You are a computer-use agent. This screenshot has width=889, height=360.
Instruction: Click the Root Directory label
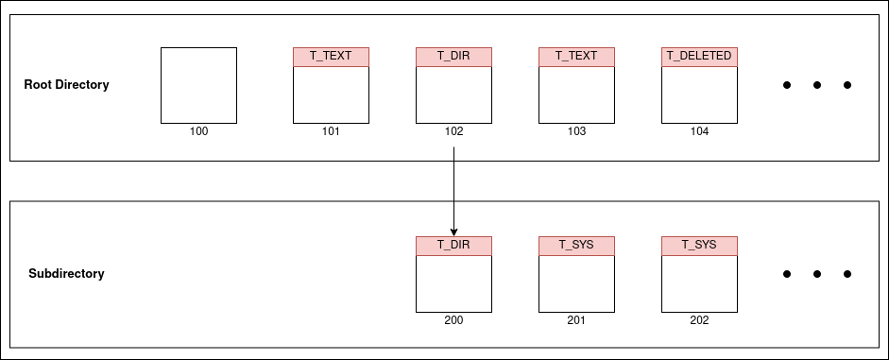point(66,85)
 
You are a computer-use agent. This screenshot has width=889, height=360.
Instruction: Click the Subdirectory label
point(66,274)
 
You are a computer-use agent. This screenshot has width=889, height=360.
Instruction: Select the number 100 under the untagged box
point(198,131)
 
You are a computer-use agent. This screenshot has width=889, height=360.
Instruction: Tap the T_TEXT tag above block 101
point(331,57)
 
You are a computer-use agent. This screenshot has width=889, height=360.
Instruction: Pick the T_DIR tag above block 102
point(453,57)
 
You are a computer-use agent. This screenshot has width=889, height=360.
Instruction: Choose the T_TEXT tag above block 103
point(576,57)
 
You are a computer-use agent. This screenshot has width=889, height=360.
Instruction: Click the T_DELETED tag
point(699,57)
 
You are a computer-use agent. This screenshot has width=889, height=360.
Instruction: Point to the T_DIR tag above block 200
point(453,246)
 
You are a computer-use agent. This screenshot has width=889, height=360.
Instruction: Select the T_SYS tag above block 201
point(576,246)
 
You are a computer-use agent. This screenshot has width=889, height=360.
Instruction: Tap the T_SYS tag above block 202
point(699,246)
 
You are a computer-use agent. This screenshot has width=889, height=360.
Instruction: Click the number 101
point(331,131)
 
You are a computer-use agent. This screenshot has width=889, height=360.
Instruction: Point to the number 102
point(453,131)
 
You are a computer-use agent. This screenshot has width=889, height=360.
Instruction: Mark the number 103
point(576,131)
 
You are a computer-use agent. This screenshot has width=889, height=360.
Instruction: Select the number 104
point(699,131)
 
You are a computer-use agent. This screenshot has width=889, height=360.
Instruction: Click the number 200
point(453,320)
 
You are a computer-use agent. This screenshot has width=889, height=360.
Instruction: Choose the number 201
point(576,320)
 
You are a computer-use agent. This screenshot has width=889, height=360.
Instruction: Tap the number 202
point(699,320)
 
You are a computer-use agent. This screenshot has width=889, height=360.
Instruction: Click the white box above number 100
point(198,85)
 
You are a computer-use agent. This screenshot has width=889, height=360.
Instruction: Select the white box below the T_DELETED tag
point(699,94)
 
